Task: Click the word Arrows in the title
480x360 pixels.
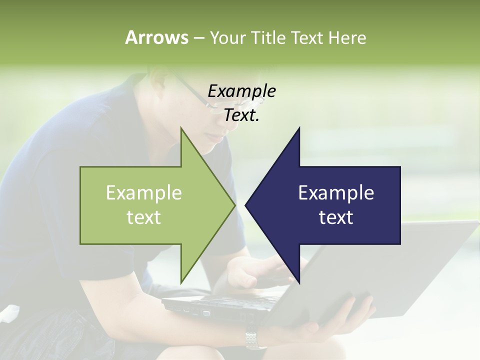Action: click(x=156, y=37)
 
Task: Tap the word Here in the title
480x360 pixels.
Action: click(x=347, y=37)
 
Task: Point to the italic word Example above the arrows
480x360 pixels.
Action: click(x=241, y=91)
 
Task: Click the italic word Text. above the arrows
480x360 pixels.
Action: click(x=241, y=115)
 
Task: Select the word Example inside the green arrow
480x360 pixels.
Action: click(x=144, y=192)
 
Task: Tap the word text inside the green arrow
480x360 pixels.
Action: click(x=144, y=217)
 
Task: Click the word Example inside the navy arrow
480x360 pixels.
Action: click(x=336, y=192)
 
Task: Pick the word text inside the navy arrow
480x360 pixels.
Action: click(x=336, y=217)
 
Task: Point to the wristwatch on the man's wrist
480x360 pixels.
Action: click(x=255, y=339)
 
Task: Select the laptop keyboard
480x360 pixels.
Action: click(x=235, y=302)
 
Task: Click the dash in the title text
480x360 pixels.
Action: click(x=198, y=38)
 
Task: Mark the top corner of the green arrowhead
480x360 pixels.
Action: click(x=181, y=128)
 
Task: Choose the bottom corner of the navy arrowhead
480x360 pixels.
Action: click(x=299, y=283)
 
